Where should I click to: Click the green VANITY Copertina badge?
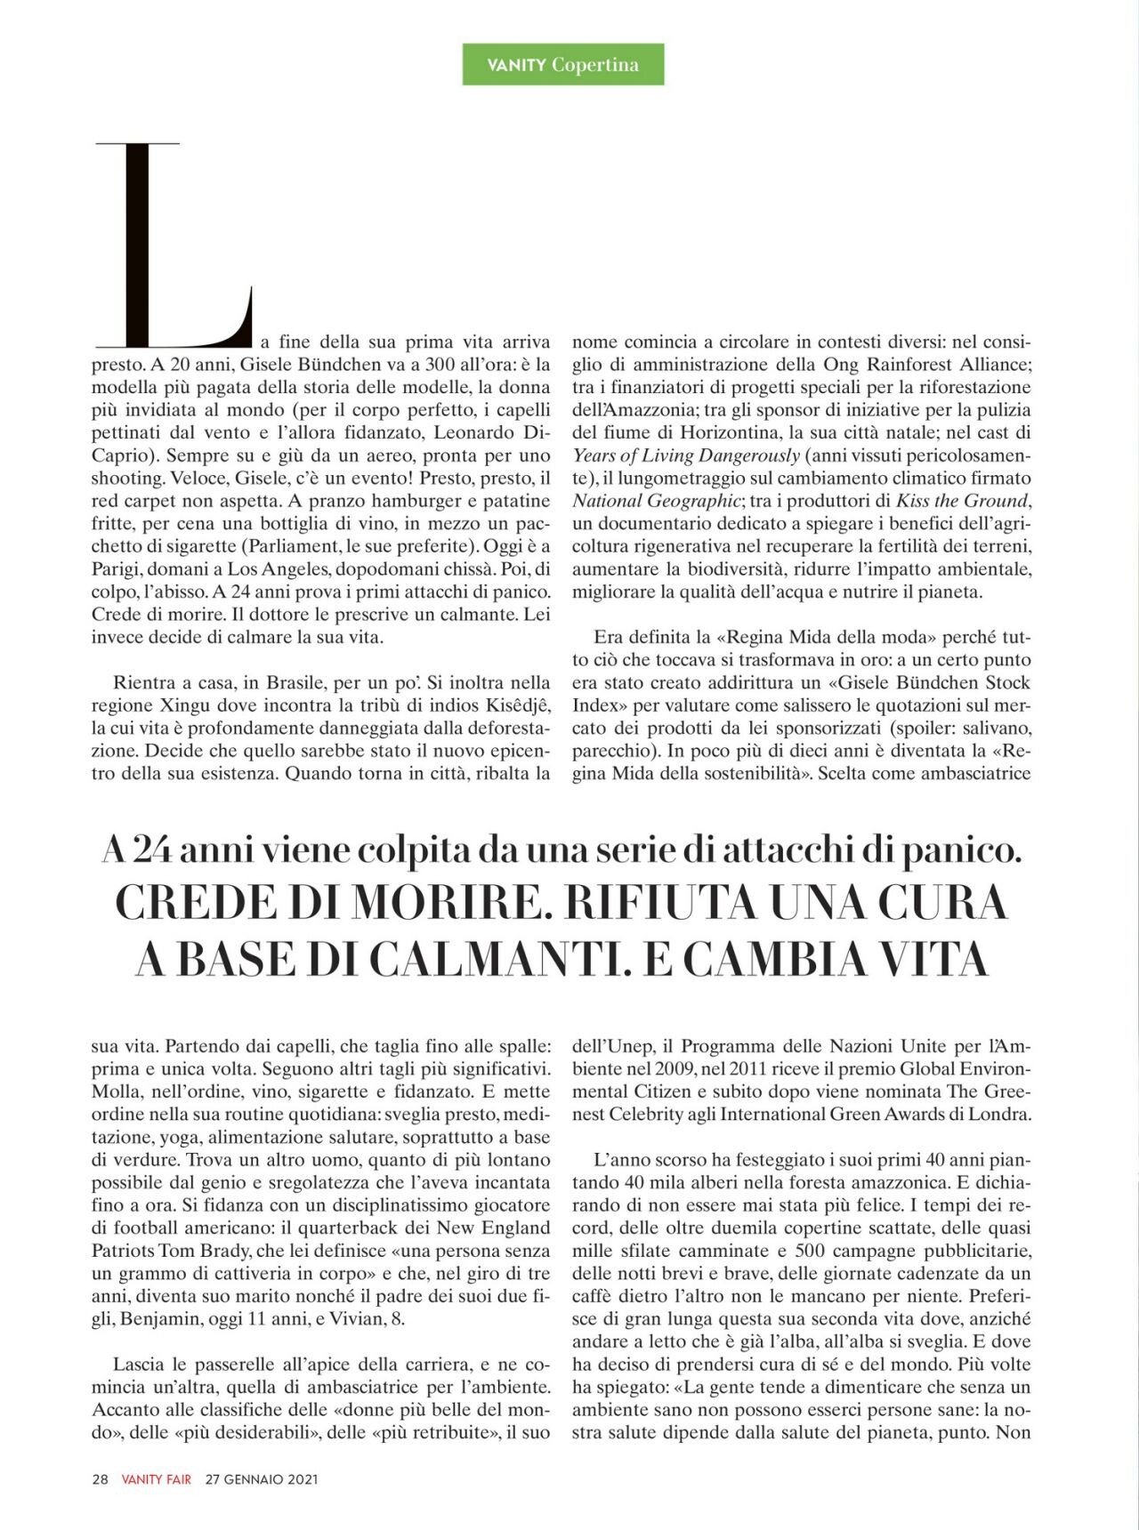click(562, 65)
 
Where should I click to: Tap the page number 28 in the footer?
click(100, 1480)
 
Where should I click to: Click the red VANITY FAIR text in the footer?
click(157, 1480)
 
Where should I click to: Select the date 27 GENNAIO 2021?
click(262, 1480)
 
